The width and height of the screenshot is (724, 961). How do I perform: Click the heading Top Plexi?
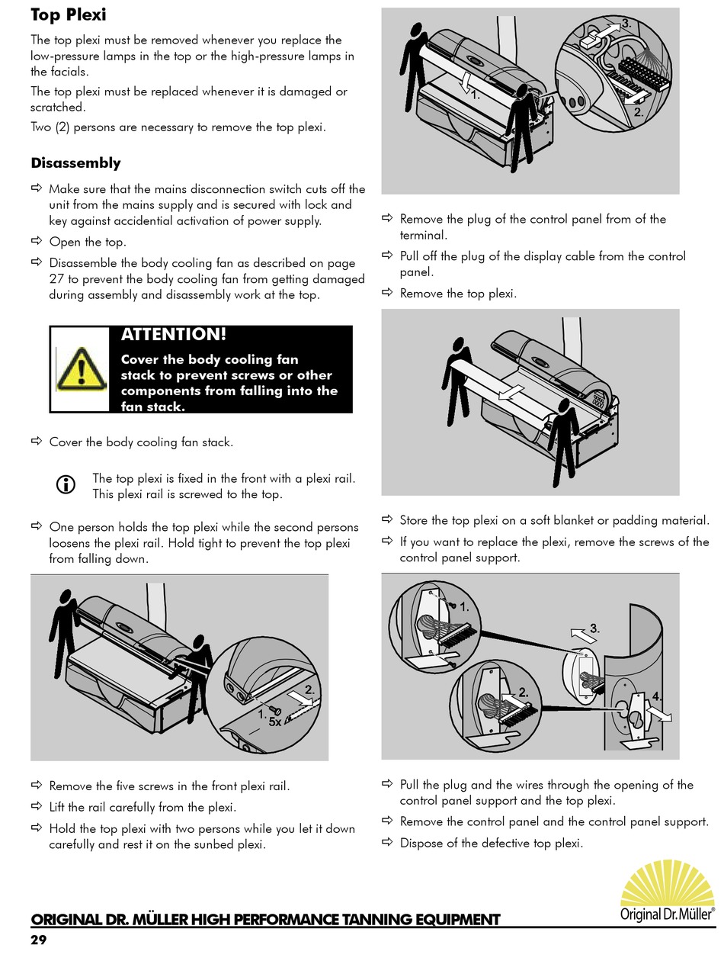click(x=69, y=14)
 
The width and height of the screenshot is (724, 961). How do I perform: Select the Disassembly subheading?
click(x=75, y=163)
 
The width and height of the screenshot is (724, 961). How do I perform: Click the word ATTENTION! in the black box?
click(x=174, y=335)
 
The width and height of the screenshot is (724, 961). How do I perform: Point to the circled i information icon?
click(x=66, y=484)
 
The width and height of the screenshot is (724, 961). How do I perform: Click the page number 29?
click(x=39, y=940)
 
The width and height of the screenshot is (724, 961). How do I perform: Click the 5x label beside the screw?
click(x=274, y=721)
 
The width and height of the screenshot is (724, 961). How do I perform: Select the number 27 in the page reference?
click(x=56, y=279)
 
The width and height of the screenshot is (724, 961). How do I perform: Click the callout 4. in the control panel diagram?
click(x=657, y=696)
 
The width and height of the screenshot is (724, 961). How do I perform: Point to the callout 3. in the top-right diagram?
click(x=626, y=24)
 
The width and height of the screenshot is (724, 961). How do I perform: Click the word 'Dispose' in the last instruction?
click(x=423, y=844)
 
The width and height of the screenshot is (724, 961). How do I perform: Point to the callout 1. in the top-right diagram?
click(x=474, y=96)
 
